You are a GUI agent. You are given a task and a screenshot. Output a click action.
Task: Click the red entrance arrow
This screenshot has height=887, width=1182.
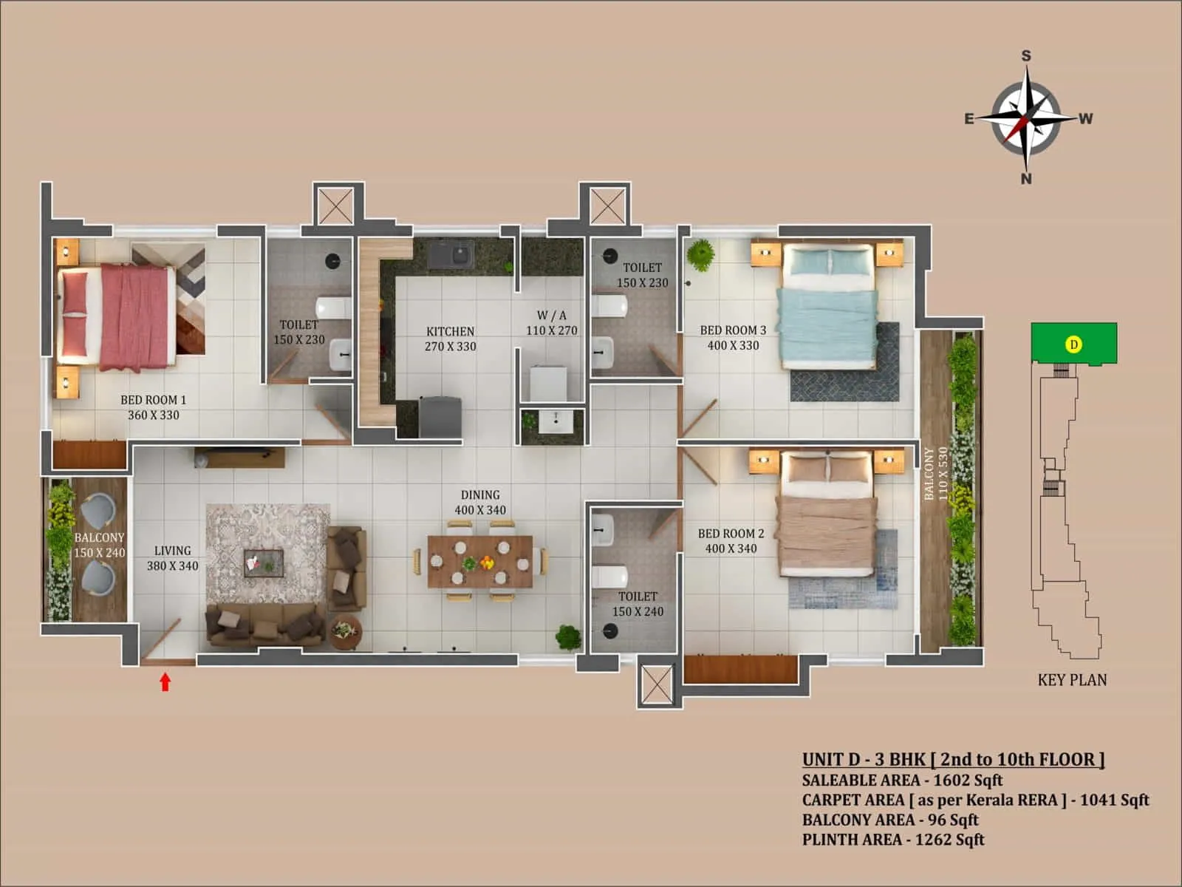(x=165, y=682)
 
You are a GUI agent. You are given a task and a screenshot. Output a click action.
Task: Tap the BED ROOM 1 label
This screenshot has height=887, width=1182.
(x=154, y=400)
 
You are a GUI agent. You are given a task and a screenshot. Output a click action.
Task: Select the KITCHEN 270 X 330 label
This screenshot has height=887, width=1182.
(x=450, y=339)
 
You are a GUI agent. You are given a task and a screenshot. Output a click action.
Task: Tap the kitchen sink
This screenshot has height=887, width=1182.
(x=451, y=256)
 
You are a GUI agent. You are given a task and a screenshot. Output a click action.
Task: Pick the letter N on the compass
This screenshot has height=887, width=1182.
(x=1026, y=179)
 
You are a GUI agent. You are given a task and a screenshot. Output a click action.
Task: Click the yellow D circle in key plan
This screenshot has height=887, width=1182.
(x=1074, y=344)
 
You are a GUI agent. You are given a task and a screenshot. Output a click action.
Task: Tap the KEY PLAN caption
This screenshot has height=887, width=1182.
(x=1072, y=680)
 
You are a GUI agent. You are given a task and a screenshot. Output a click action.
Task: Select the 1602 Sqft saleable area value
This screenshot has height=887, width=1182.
(x=968, y=780)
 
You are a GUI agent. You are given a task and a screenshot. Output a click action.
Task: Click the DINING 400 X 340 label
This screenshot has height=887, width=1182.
(x=480, y=502)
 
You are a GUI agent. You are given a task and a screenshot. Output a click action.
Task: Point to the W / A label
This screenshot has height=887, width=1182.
(x=551, y=316)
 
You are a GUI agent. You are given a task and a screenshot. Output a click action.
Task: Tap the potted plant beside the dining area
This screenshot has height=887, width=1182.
(x=568, y=636)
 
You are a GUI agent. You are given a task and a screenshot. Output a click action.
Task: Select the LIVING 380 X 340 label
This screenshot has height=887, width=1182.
(x=172, y=558)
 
